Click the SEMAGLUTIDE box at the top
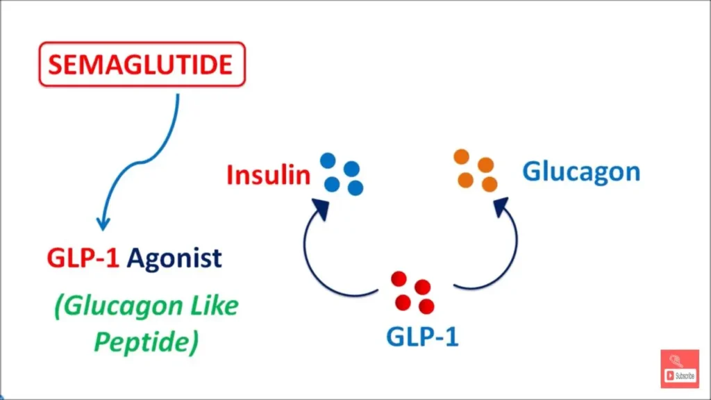(142, 65)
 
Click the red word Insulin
(268, 175)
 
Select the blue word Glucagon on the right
(581, 171)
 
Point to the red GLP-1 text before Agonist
(83, 258)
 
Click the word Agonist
(175, 258)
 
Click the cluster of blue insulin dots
(342, 174)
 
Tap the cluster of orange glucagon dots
(476, 170)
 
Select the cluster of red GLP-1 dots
(412, 292)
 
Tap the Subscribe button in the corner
(680, 369)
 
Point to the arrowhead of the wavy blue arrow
(103, 223)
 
